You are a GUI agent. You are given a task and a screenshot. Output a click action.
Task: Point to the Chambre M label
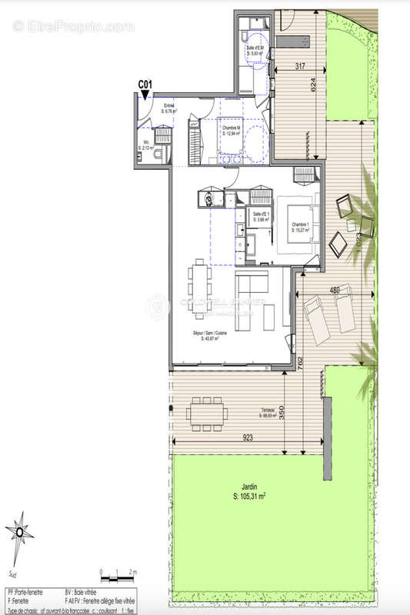tap(232, 131)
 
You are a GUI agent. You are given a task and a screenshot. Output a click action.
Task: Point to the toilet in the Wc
tap(157, 154)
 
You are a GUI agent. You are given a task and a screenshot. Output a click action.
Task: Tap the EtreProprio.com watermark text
tap(72, 26)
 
